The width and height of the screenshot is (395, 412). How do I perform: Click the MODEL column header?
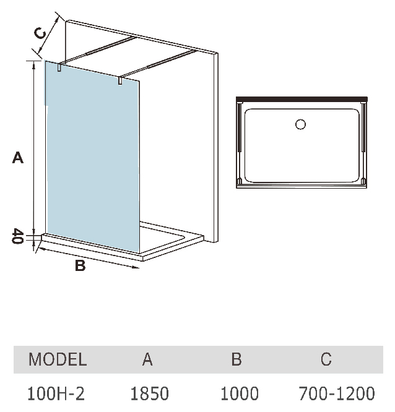[x=58, y=359]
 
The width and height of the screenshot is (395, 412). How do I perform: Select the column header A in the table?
[x=147, y=359]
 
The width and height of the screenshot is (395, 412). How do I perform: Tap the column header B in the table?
[x=236, y=359]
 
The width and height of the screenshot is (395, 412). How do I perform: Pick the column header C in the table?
[x=326, y=359]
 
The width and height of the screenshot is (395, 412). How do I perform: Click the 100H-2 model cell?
[x=58, y=393]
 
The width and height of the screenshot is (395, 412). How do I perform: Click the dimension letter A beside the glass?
[x=18, y=158]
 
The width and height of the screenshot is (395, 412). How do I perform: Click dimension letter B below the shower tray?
[x=79, y=267]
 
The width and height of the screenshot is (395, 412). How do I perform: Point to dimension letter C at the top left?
[x=39, y=33]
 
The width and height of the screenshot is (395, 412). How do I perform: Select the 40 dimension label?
[x=17, y=236]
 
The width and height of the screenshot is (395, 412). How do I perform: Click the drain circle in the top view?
[x=301, y=124]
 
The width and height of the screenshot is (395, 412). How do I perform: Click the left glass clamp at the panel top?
[x=59, y=68]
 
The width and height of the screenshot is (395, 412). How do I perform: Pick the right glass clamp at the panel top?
[x=120, y=80]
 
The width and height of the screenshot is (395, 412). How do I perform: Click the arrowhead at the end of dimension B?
[x=136, y=267]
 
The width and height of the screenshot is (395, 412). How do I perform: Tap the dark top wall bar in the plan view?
[x=302, y=98]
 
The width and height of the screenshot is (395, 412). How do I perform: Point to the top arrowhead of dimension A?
[x=35, y=64]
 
